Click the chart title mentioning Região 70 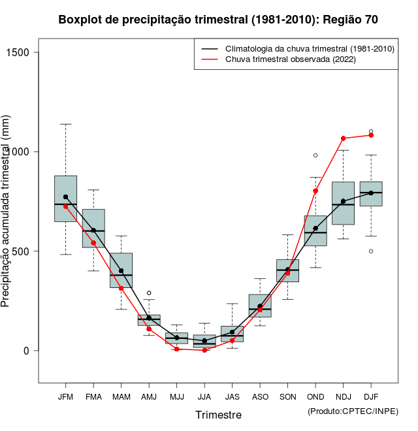(x=218, y=20)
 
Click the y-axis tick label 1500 (x=25, y=52)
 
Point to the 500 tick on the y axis (x=25, y=251)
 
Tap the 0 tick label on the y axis (x=25, y=351)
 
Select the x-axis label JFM (x=65, y=397)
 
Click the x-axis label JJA (x=204, y=397)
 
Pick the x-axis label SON (x=287, y=397)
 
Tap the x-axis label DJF (x=371, y=397)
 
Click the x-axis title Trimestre (x=218, y=415)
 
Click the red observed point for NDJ (x=343, y=138)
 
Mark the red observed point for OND (x=315, y=191)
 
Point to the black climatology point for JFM (x=65, y=197)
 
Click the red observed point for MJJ (x=176, y=349)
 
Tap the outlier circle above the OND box (x=315, y=155)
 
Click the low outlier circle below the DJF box (x=371, y=251)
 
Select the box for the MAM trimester (x=121, y=270)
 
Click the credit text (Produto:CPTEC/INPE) (x=353, y=411)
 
